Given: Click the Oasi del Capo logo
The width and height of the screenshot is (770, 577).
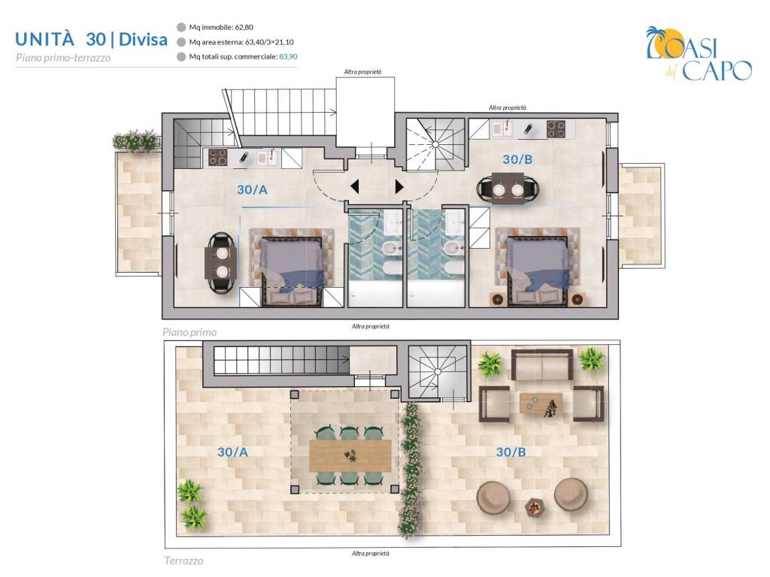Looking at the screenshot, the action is click(699, 54).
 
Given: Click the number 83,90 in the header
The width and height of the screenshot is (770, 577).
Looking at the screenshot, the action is click(288, 56).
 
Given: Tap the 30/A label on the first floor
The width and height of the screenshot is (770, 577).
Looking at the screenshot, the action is click(252, 190).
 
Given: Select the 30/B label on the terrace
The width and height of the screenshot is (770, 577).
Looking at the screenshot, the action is click(511, 452).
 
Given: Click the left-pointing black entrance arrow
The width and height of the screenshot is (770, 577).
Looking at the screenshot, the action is click(355, 186).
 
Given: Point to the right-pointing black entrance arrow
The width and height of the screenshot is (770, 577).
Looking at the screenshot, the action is click(399, 186).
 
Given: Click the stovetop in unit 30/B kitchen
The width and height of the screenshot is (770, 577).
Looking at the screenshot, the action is click(556, 129).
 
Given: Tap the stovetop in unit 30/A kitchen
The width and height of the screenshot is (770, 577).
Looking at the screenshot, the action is click(217, 158).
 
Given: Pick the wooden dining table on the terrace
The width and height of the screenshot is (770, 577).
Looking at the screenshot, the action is click(350, 456).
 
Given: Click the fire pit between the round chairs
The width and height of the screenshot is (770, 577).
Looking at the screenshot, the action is click(534, 506).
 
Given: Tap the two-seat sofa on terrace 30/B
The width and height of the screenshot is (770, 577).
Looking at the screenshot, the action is click(542, 364).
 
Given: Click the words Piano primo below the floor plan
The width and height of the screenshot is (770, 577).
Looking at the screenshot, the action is click(189, 333).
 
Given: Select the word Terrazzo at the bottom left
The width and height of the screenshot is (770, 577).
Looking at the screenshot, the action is click(183, 560).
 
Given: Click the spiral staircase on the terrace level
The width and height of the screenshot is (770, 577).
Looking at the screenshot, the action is click(438, 371).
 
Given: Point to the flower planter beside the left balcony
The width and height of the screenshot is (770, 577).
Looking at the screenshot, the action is click(135, 140).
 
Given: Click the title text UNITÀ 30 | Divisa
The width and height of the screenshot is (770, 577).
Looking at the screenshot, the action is click(91, 39).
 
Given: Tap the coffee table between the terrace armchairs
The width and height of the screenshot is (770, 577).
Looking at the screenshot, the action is click(541, 404).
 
